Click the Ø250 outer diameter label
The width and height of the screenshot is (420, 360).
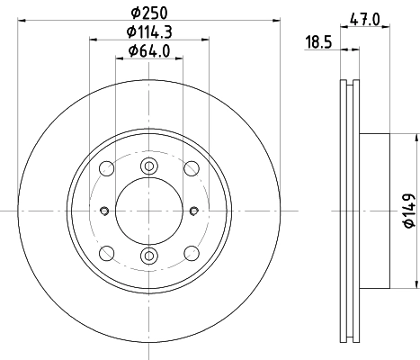point(150,12)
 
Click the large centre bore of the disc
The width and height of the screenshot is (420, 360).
point(150,211)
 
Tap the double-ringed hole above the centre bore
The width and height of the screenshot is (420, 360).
point(150,166)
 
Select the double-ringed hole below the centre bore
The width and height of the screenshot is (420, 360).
point(150,257)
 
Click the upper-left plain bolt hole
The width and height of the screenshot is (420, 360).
point(108,168)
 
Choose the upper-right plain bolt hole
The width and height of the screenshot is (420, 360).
point(192,168)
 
